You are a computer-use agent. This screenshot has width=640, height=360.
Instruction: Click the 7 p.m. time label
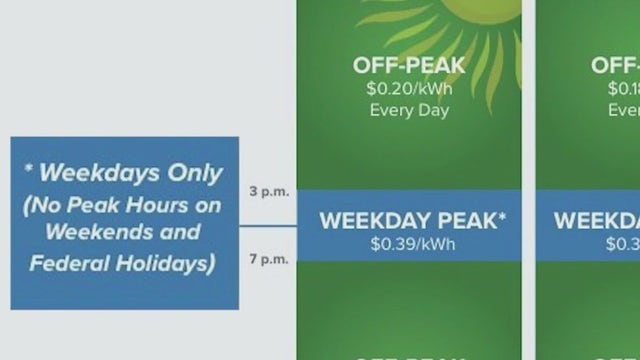coord(268,259)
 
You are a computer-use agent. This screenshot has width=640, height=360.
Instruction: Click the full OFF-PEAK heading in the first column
coord(408,66)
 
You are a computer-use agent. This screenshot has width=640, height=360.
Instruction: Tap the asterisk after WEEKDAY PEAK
coord(502,217)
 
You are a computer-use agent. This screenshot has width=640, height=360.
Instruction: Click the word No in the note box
coord(50,205)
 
